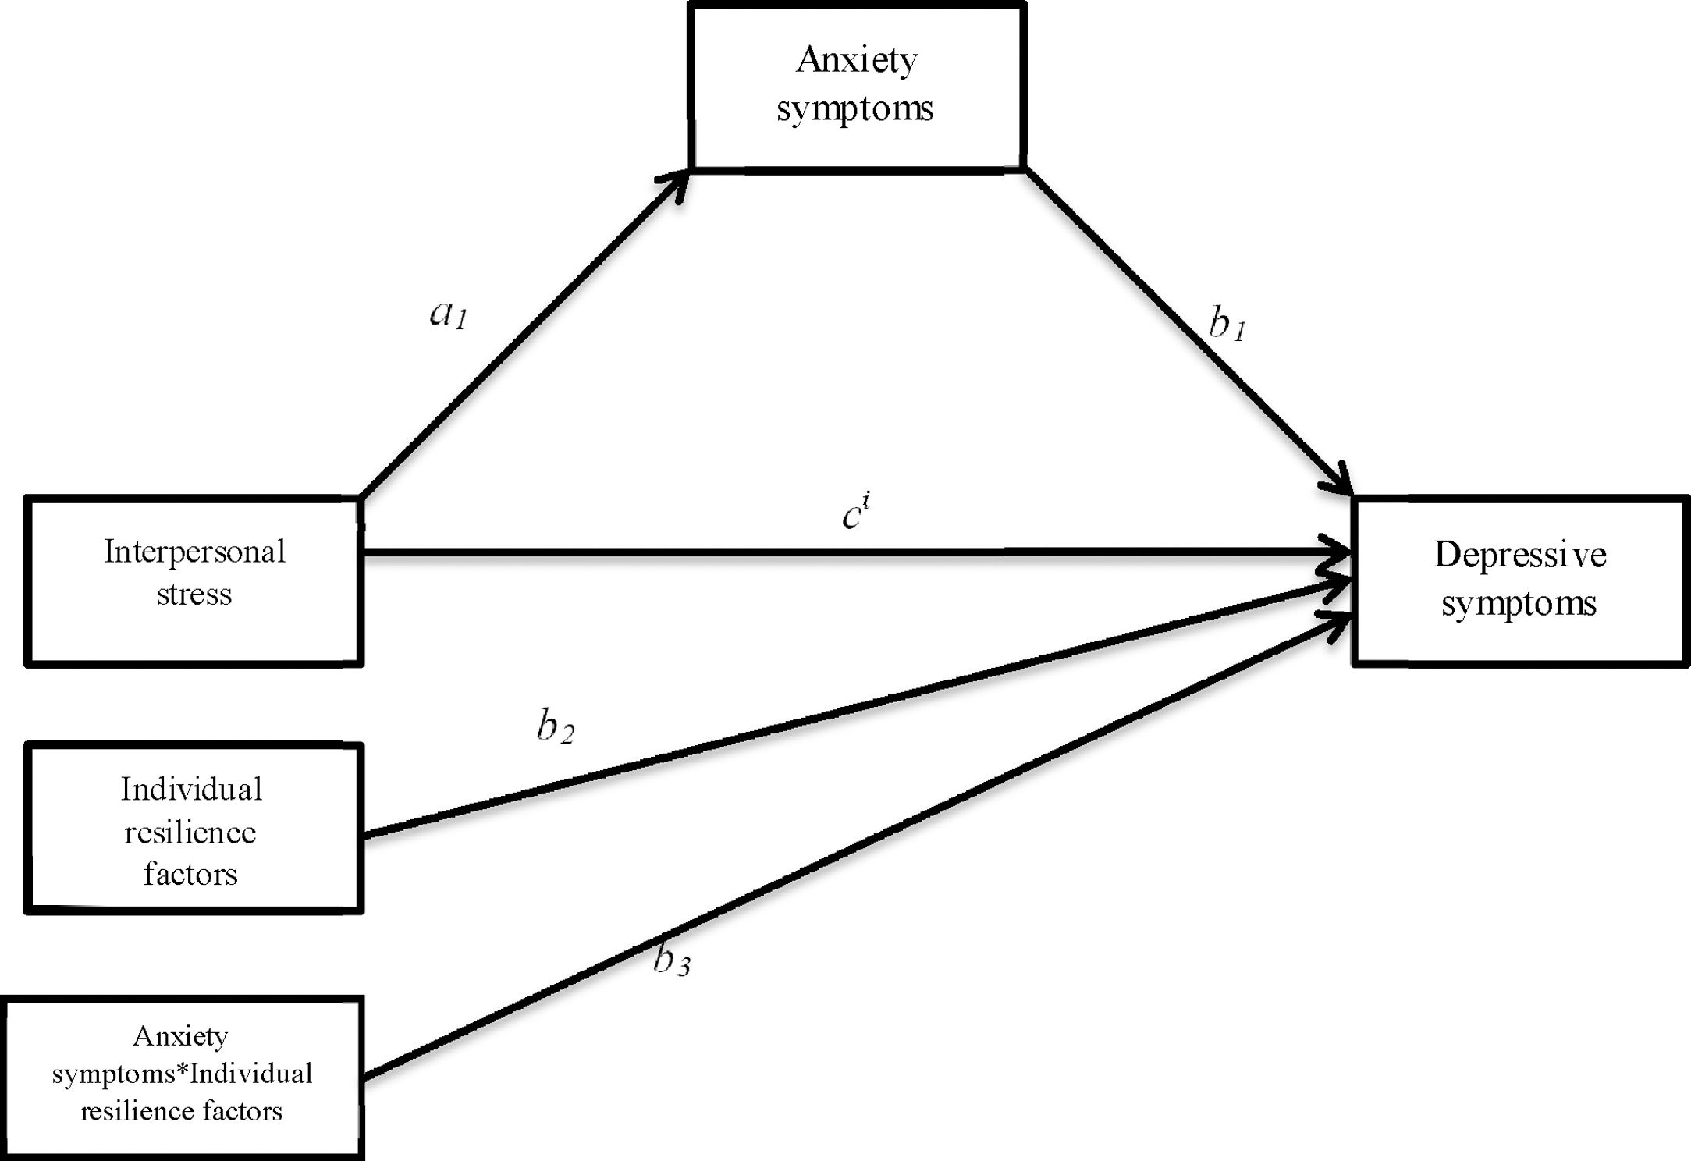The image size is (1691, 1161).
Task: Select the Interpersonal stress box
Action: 194,581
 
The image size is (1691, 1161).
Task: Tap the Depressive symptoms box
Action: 1519,581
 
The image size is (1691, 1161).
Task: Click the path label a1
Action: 448,314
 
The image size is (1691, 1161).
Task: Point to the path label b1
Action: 1227,324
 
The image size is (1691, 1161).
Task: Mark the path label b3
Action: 671,960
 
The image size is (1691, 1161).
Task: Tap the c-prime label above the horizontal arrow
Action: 855,513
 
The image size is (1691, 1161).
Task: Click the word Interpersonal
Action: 194,552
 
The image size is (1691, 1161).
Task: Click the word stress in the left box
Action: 194,595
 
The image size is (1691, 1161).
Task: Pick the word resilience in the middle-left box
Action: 190,833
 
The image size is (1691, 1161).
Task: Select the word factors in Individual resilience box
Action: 190,874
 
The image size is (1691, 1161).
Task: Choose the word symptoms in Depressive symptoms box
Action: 1519,604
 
